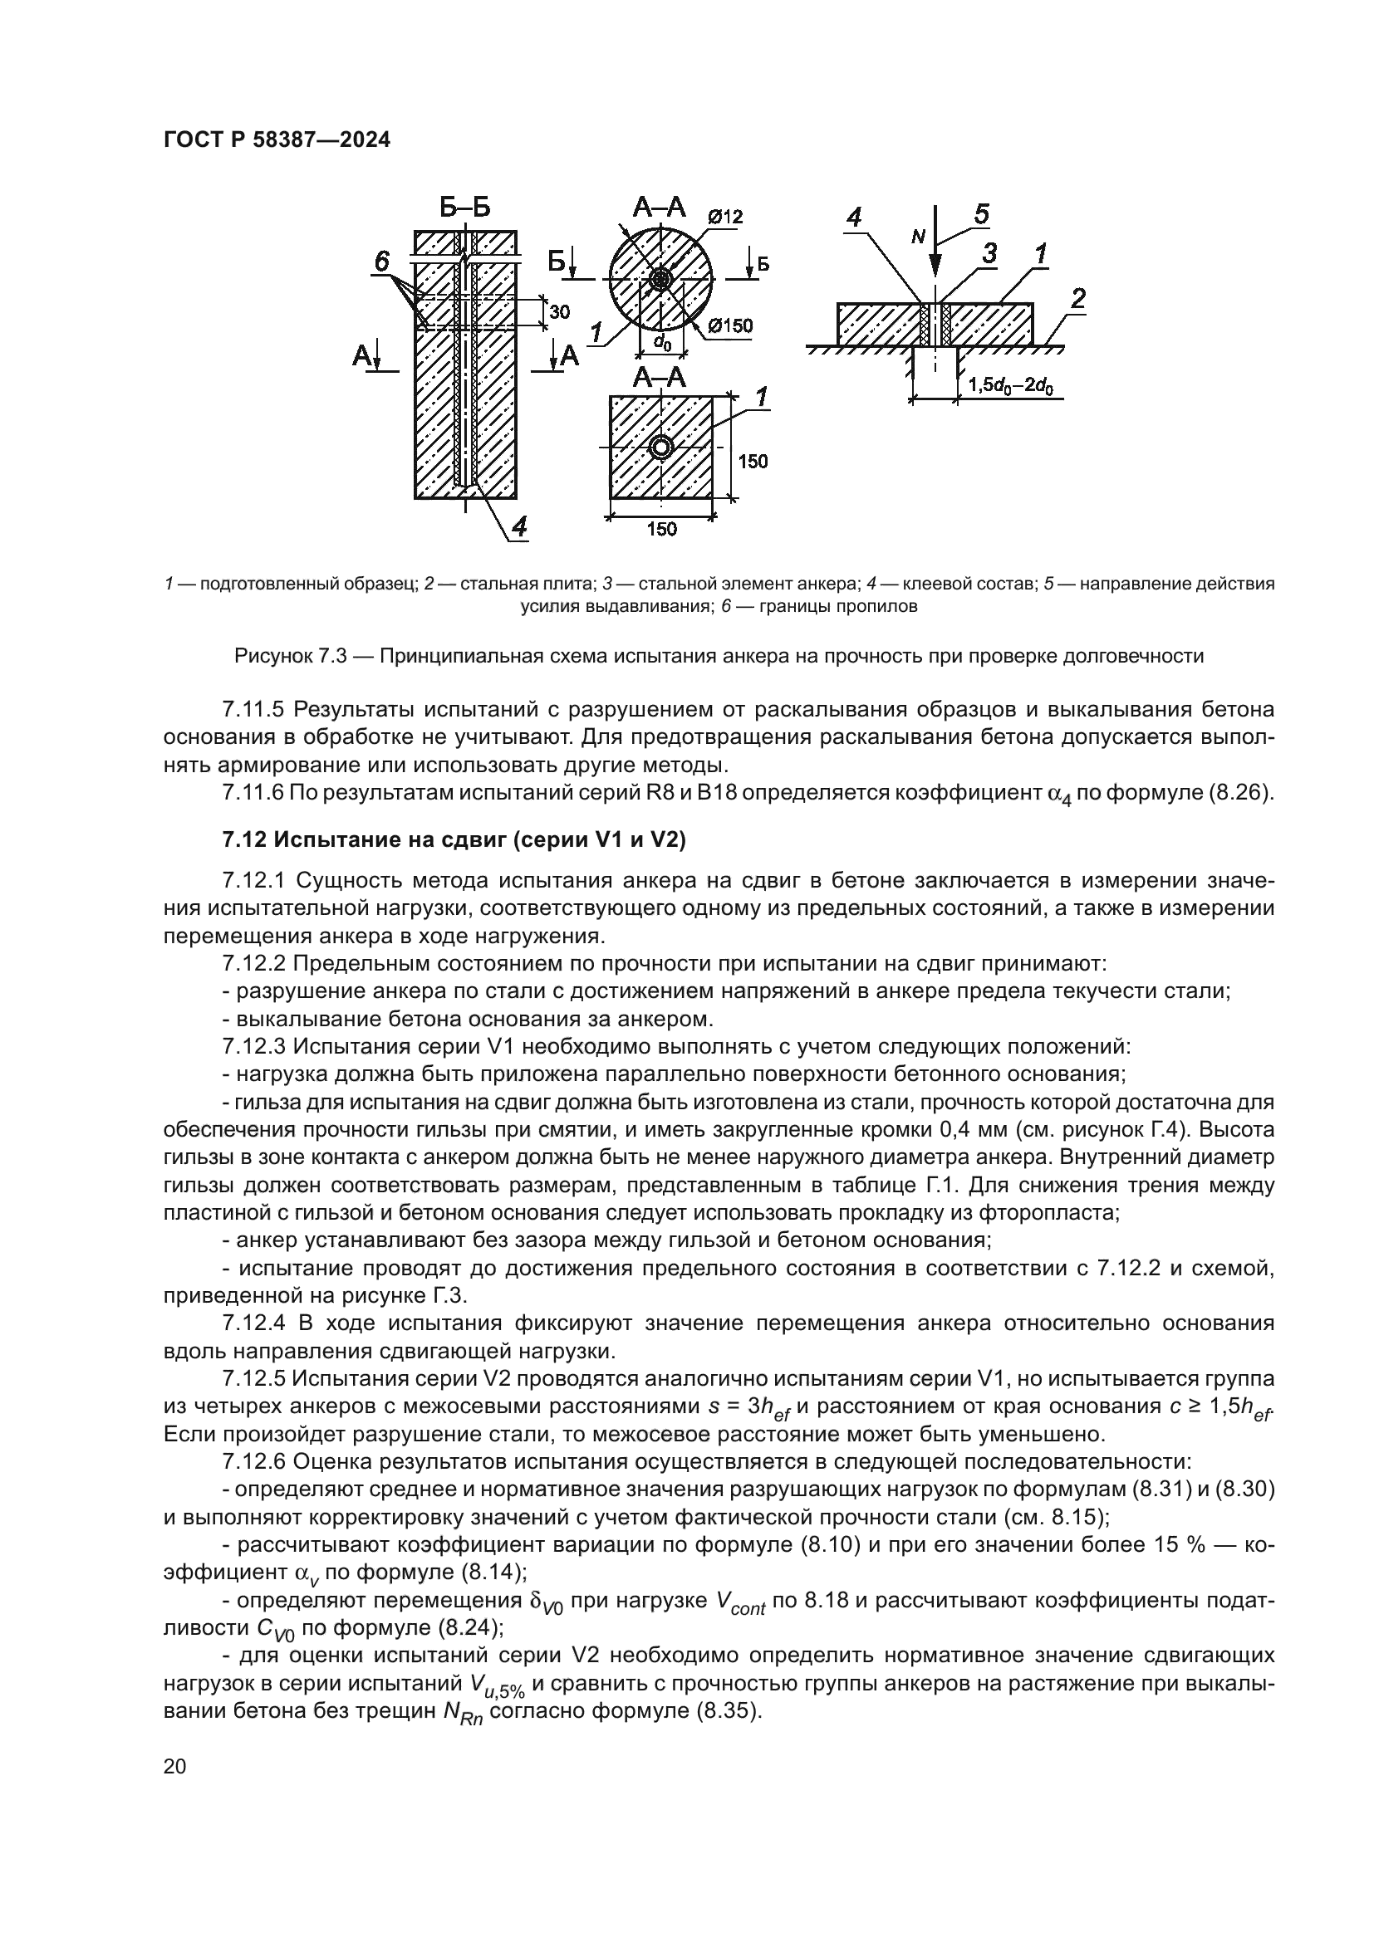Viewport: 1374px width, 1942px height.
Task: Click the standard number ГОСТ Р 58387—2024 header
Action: click(277, 140)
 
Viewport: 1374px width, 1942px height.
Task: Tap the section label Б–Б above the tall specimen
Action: click(464, 208)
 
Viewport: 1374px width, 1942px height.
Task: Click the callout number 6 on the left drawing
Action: click(381, 262)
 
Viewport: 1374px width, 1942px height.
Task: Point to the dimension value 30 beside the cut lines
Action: click(559, 312)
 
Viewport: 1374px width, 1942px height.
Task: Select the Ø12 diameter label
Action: click(725, 217)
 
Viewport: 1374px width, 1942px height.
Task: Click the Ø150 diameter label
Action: click(730, 325)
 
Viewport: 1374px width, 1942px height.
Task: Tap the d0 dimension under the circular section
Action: click(662, 343)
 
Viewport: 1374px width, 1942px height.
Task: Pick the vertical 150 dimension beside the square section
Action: click(753, 462)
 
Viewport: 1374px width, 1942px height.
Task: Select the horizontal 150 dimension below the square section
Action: click(660, 530)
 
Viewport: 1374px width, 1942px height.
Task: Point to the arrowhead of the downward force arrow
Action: click(934, 268)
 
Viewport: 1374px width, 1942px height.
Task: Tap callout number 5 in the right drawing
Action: click(981, 215)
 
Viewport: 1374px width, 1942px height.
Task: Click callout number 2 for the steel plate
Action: click(1077, 299)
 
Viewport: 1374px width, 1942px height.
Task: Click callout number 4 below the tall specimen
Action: click(518, 527)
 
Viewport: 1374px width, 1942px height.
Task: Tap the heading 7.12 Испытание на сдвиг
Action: click(454, 840)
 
